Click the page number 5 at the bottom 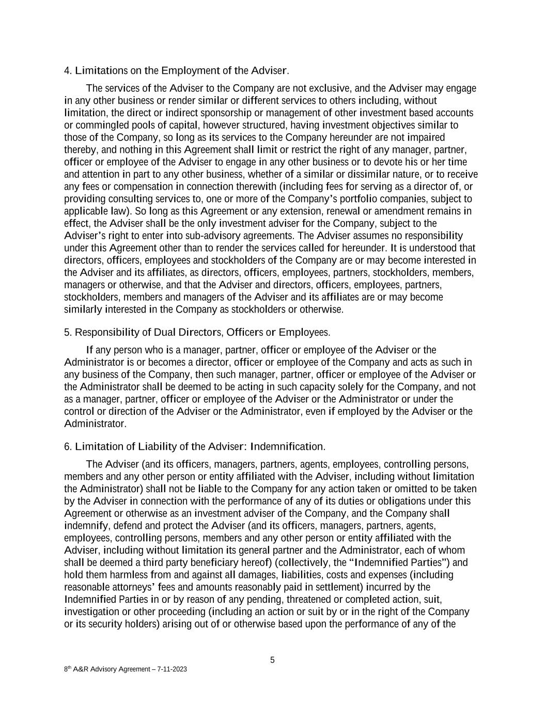(272, 660)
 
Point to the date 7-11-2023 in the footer (168, 669)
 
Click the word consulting (123, 199)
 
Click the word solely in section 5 (395, 387)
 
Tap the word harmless (129, 575)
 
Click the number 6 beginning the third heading (67, 446)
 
